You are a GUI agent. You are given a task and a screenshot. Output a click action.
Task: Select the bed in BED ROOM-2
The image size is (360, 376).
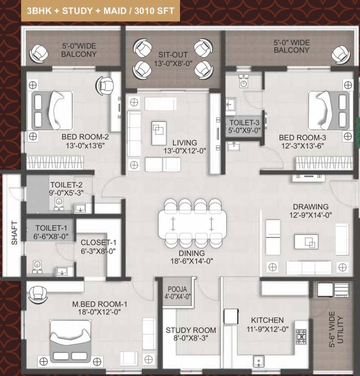(51, 110)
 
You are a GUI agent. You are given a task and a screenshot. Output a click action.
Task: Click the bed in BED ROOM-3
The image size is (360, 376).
(328, 110)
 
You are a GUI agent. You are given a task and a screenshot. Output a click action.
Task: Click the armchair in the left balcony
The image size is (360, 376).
(38, 51)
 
